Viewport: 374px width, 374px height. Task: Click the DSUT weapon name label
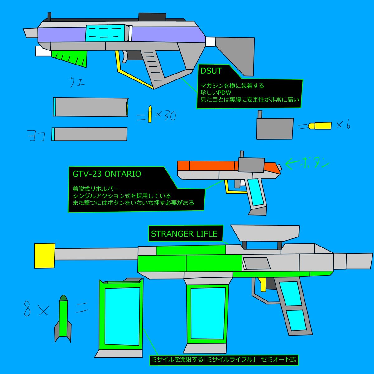211,71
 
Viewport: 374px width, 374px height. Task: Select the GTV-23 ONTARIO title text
107,174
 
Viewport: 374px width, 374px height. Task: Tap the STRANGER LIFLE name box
184,233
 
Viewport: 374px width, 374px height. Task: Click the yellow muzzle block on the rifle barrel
44,256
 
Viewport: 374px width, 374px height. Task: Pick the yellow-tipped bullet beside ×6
319,126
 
